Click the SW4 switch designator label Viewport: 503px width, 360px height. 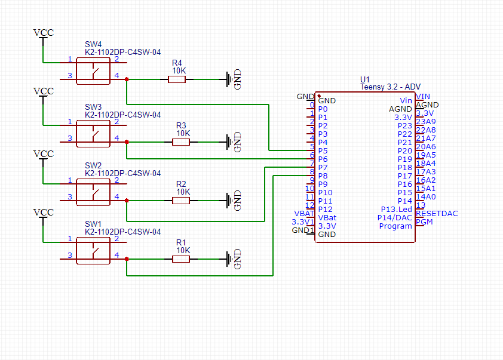93,44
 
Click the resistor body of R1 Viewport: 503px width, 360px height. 181,259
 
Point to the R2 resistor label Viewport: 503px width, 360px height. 181,184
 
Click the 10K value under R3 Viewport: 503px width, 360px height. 182,134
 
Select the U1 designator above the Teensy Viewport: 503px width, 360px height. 365,79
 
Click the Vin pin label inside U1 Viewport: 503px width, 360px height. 406,101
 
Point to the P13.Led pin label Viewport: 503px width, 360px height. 397,210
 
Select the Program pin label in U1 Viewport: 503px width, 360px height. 395,226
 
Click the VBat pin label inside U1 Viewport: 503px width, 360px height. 327,218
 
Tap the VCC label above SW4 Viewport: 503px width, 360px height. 43,33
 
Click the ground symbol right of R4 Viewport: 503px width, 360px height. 229,79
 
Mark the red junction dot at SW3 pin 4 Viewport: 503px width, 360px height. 127,142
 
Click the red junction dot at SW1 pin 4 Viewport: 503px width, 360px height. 127,259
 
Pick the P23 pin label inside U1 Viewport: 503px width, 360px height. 405,126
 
